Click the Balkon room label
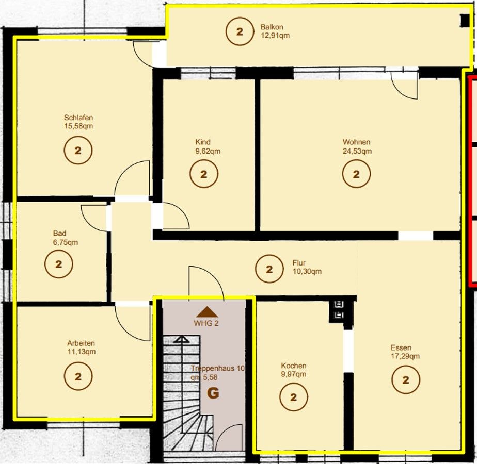coord(272,27)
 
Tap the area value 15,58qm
coord(78,126)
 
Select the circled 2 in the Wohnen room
coord(356,174)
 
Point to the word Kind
coord(202,142)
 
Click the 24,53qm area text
coord(357,151)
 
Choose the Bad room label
coord(60,234)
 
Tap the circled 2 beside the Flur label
coord(269,269)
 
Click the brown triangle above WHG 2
coord(207,312)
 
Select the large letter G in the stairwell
coord(213,393)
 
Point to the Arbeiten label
coord(81,343)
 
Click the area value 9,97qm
coord(294,374)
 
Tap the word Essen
coord(401,347)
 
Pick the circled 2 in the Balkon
coord(240,31)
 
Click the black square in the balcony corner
coord(465,21)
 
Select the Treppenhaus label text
coord(217,368)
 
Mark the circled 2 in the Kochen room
coord(294,397)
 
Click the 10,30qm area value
coord(307,272)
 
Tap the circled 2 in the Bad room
coord(59,264)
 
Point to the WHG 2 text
coord(206,323)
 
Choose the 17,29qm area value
coord(405,356)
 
